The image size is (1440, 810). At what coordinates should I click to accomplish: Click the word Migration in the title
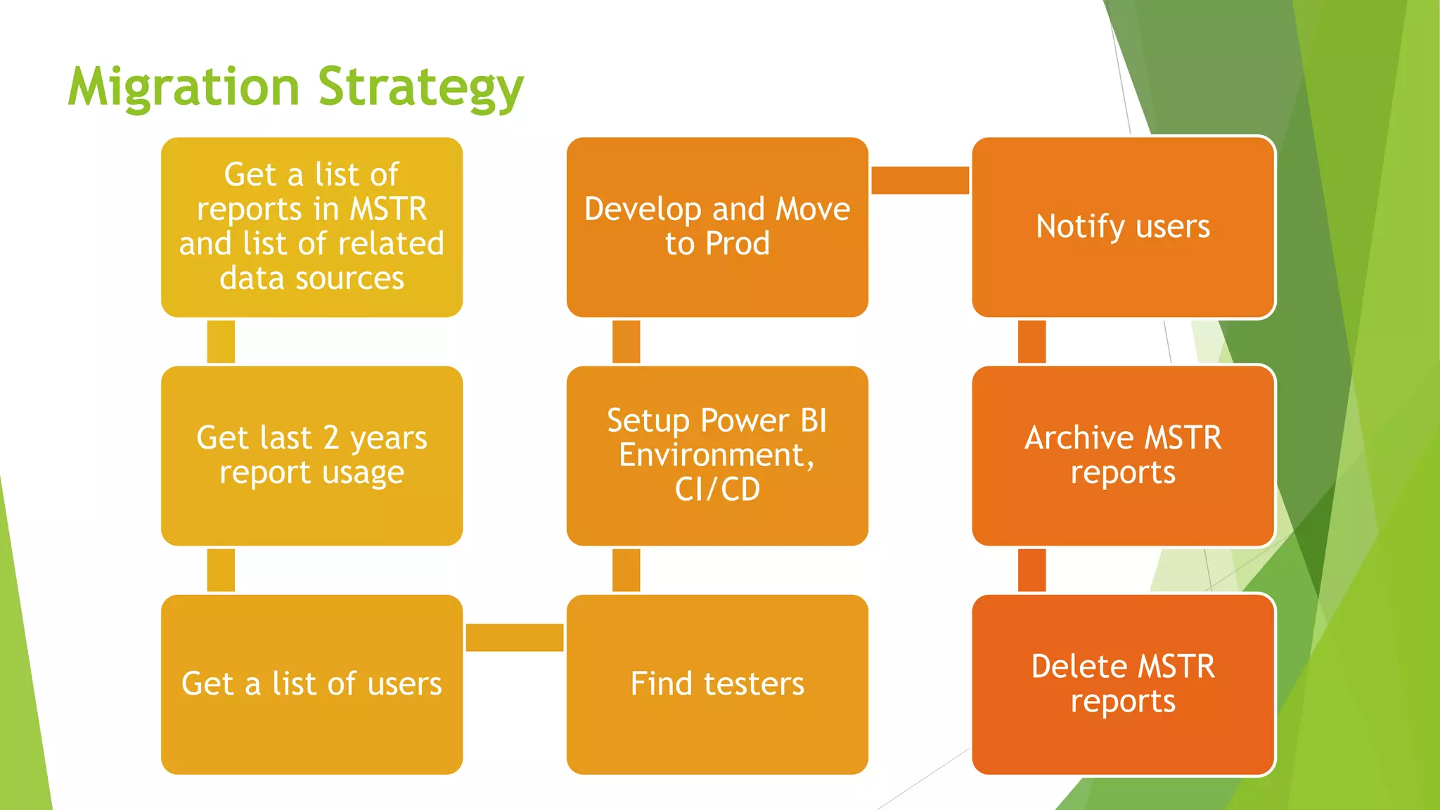[x=184, y=87]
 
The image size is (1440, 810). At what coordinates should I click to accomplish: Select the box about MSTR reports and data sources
[x=311, y=226]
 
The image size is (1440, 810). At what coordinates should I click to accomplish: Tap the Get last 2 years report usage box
[x=311, y=455]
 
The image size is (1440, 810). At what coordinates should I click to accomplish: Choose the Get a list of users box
[x=311, y=683]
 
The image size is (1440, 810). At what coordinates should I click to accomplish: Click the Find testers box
[x=717, y=683]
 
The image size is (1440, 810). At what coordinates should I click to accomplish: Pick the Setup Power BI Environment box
[x=717, y=455]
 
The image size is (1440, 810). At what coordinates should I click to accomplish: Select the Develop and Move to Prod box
[x=717, y=226]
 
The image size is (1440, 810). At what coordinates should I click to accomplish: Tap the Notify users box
[x=1123, y=226]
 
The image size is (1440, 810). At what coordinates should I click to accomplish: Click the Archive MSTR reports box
[x=1123, y=455]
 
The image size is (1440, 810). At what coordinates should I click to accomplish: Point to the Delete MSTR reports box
[x=1123, y=683]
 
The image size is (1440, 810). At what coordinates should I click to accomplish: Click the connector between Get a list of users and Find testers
[x=514, y=637]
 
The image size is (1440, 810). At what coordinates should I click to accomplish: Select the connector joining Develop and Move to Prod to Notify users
[x=920, y=180]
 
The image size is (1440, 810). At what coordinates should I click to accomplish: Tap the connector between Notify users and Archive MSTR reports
[x=1031, y=342]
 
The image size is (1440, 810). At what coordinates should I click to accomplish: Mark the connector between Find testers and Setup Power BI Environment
[x=626, y=570]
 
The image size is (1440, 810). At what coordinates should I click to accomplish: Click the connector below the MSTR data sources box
[x=221, y=342]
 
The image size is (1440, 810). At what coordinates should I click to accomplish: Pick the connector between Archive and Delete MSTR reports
[x=1031, y=570]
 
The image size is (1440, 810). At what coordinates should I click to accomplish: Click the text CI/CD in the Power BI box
[x=717, y=489]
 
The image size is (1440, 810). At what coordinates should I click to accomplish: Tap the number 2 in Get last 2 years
[x=331, y=438]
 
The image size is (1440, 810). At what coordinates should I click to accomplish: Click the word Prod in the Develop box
[x=738, y=244]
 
